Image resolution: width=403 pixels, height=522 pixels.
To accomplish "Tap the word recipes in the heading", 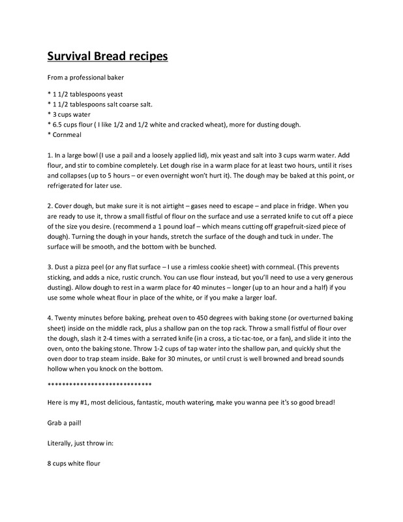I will tap(145, 56).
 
